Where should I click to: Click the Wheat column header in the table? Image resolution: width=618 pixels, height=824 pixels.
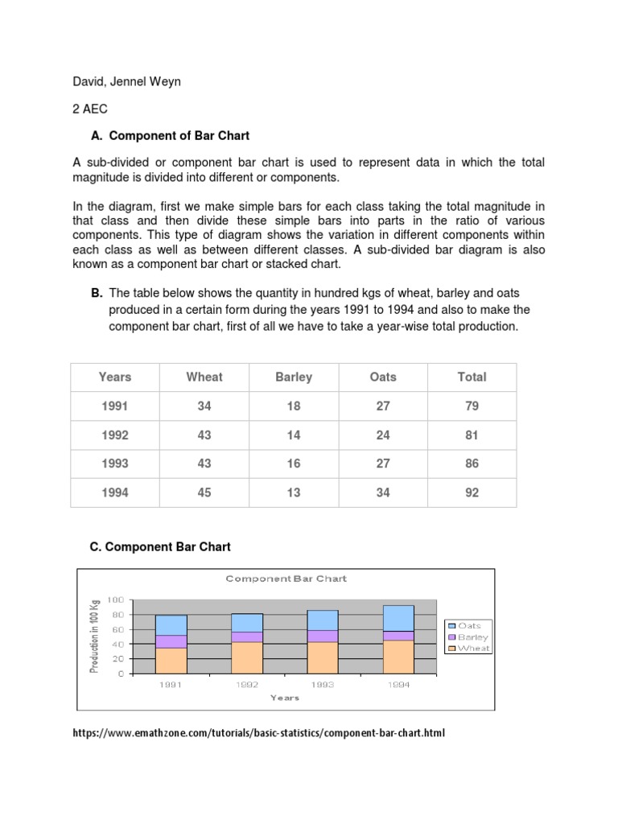204,377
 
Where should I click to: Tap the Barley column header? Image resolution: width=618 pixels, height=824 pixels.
294,377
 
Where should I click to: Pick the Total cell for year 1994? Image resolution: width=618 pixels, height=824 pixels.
472,492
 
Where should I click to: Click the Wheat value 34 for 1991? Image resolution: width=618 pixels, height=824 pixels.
204,406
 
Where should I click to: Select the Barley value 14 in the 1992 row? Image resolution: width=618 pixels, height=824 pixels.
294,435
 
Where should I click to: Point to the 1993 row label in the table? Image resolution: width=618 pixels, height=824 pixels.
115,464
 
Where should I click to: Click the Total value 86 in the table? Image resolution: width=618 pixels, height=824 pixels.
472,464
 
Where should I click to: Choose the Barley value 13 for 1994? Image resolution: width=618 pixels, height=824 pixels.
294,492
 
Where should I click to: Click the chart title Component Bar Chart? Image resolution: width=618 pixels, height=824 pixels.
286,579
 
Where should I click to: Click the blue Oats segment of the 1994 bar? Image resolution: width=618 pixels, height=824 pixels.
398,618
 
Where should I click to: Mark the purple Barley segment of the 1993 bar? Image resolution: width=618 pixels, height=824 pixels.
322,636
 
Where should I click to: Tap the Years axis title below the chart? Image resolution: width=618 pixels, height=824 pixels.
285,698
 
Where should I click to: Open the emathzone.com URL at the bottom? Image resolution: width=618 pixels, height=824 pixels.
257,733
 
